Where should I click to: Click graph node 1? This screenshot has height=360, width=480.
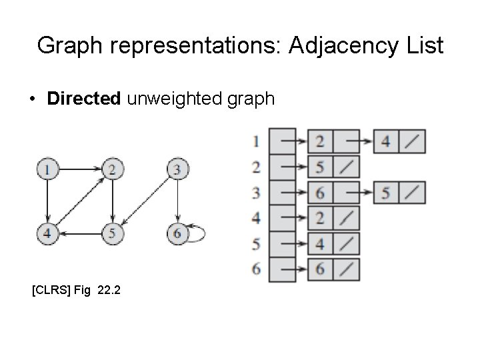[47, 170]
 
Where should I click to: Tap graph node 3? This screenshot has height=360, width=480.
[176, 170]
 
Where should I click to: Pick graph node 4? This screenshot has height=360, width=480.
[47, 234]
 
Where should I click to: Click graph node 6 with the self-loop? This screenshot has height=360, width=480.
[176, 234]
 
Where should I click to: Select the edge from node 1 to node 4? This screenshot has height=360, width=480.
[47, 202]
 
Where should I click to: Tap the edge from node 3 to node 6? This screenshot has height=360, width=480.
[176, 202]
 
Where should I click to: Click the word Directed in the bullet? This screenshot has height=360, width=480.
[83, 99]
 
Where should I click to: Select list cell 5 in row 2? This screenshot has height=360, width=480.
[321, 167]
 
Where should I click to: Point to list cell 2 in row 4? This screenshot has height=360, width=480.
[321, 218]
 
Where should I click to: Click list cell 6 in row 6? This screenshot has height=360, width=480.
[321, 270]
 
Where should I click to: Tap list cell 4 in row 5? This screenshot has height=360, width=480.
[321, 244]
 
